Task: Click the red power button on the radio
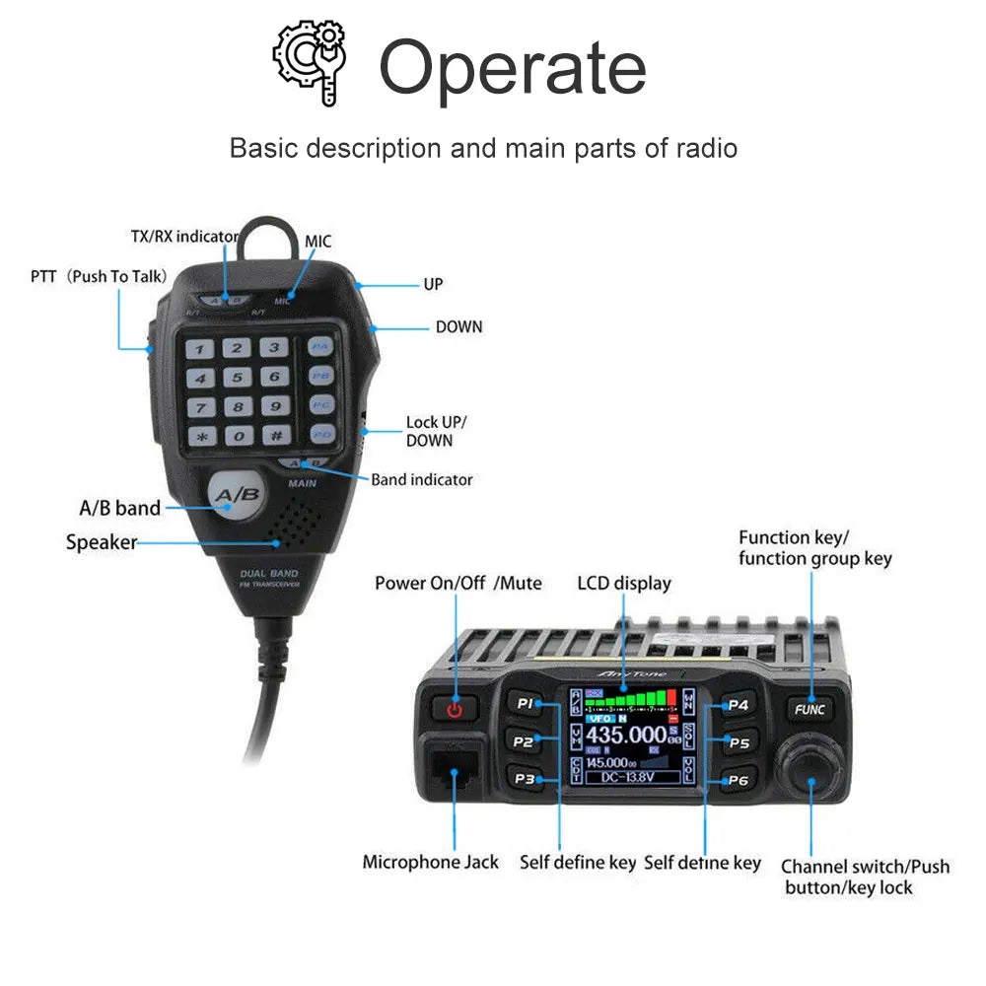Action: click(x=454, y=707)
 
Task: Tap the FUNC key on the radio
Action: click(x=810, y=709)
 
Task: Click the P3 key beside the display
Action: click(x=526, y=779)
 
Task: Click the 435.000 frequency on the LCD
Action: click(x=626, y=736)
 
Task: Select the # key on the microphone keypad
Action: click(x=275, y=434)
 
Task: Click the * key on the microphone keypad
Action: click(x=203, y=436)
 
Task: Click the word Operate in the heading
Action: click(x=512, y=67)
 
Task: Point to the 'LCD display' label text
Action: click(x=623, y=583)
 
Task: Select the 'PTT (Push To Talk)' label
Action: click(x=99, y=276)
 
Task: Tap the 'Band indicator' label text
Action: click(x=421, y=480)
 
